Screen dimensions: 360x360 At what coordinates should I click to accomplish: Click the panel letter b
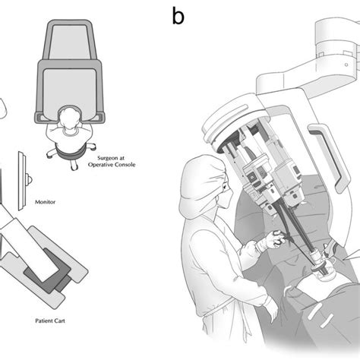click(178, 16)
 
